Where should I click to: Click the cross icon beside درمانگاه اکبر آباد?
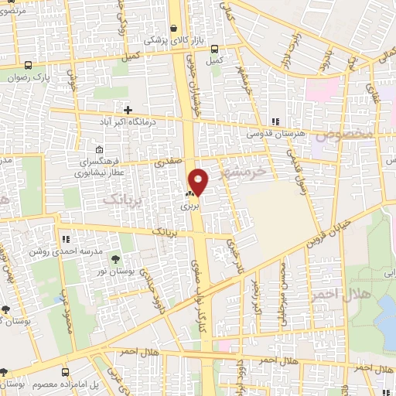[128, 111]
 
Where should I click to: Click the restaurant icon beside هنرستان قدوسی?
[275, 121]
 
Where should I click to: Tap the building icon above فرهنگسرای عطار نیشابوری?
[98, 149]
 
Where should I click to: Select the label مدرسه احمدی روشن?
[56, 251]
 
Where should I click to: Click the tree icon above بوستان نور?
[115, 259]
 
